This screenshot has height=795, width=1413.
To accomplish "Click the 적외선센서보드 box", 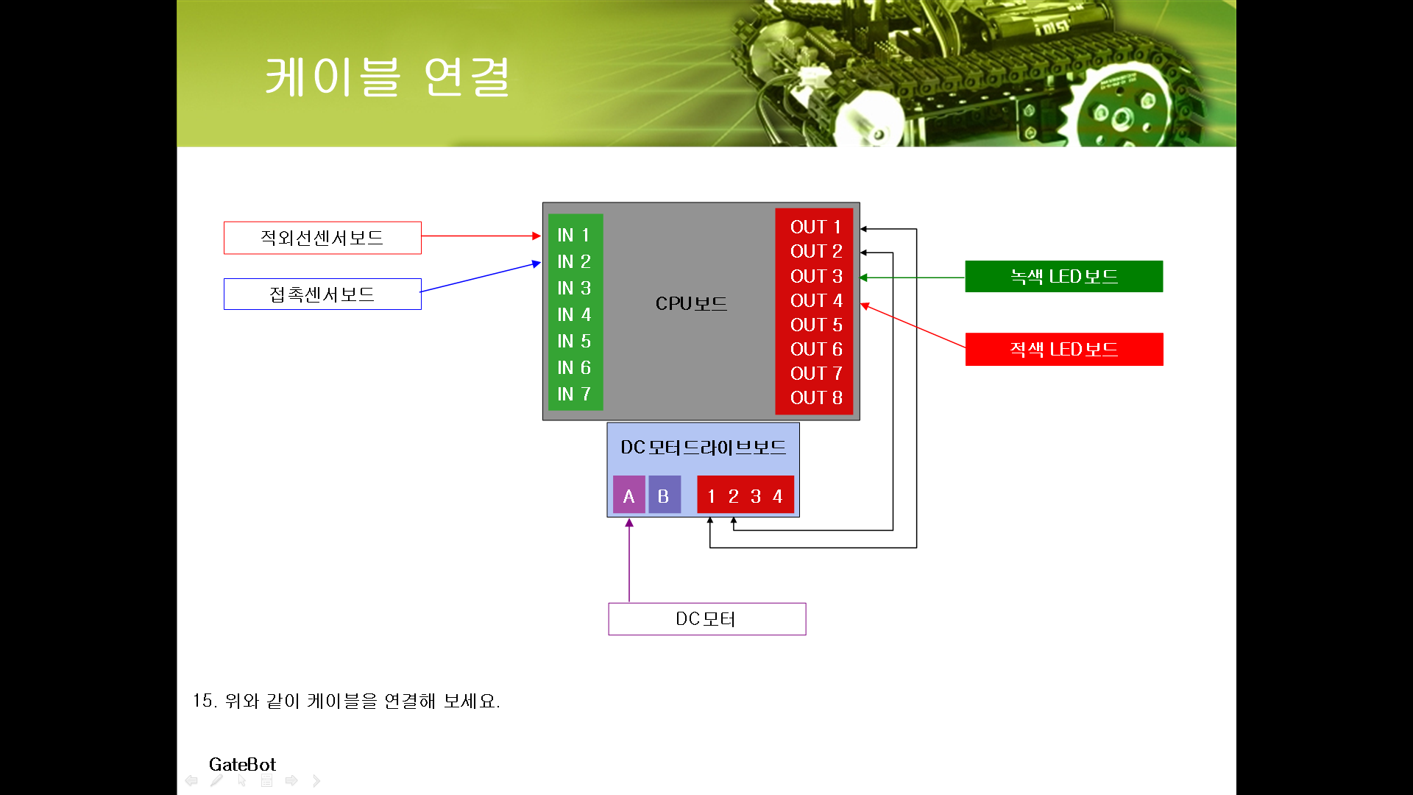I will [x=322, y=238].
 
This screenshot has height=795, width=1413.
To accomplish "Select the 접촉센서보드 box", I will [x=322, y=294].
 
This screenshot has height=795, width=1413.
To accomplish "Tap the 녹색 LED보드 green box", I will [x=1063, y=277].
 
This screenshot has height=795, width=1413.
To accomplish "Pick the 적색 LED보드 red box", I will [x=1063, y=349].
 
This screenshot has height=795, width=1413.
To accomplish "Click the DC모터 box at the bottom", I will [x=706, y=619].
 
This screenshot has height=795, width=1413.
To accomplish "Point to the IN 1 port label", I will [x=574, y=236].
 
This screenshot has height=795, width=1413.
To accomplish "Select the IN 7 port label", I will [x=574, y=395].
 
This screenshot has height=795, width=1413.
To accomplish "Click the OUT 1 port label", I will [x=815, y=227].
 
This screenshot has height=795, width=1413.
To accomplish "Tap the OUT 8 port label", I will [x=815, y=398].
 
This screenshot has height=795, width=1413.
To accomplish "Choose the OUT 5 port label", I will [x=815, y=325].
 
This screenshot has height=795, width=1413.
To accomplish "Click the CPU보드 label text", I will [x=691, y=303].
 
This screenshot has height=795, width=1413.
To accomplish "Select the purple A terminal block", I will [x=628, y=496].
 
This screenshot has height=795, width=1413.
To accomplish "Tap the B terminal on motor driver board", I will [x=663, y=496].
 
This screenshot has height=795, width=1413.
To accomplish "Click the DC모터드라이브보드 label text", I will [x=703, y=448].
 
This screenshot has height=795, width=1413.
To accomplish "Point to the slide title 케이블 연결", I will [x=387, y=77].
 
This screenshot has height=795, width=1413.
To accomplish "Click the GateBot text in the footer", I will [x=242, y=764].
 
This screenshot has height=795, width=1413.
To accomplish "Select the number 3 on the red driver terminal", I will [x=756, y=497].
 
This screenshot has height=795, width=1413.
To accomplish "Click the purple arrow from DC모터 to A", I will [x=629, y=559].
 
